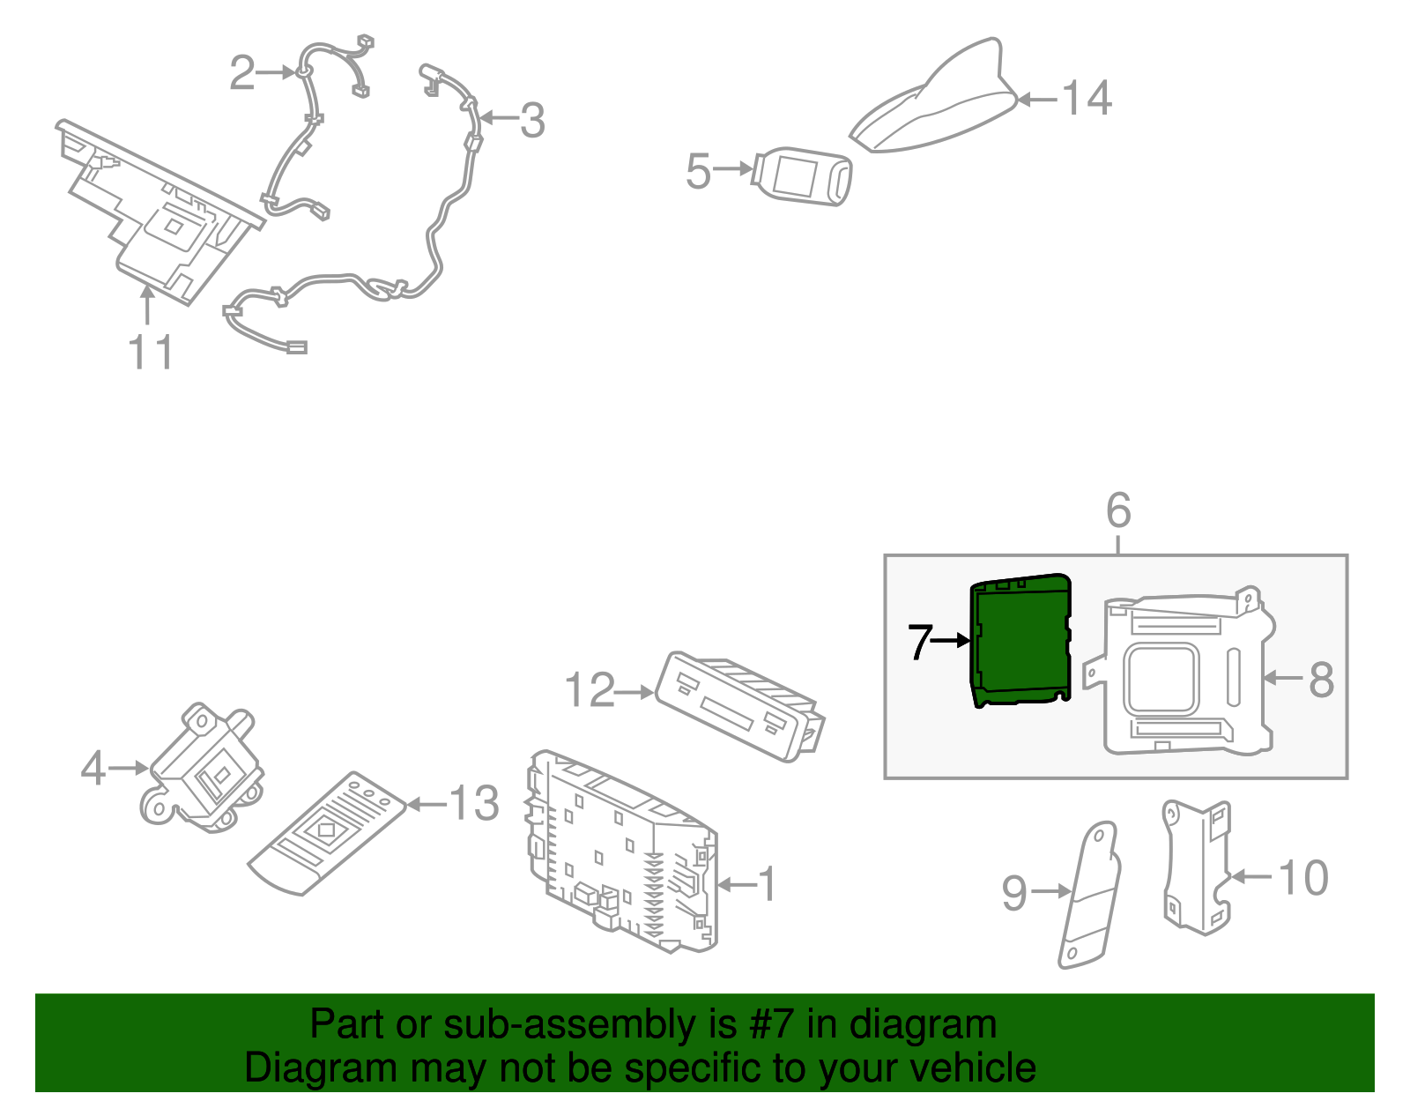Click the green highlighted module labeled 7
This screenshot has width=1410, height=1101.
click(x=1020, y=640)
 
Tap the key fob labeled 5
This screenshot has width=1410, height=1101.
click(x=802, y=175)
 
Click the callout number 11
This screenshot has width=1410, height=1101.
click(x=150, y=353)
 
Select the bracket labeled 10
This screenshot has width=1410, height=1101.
click(x=1197, y=867)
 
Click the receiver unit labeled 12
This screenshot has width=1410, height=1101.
click(x=739, y=706)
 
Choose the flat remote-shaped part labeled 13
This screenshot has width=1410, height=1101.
click(x=328, y=833)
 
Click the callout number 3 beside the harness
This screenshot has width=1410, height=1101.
click(x=532, y=120)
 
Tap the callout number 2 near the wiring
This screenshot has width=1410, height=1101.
click(x=242, y=72)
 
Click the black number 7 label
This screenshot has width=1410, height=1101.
click(x=920, y=642)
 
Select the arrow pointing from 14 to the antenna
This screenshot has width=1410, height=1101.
click(x=1038, y=100)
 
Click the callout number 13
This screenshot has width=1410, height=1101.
click(x=474, y=803)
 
